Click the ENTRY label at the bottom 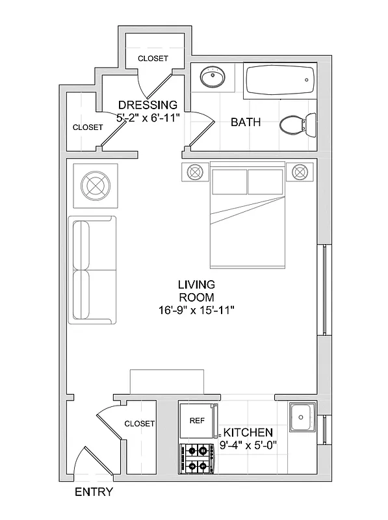(94, 492)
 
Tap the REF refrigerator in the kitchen (198, 421)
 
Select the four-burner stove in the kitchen (198, 458)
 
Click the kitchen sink (302, 417)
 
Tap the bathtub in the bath (280, 81)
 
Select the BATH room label (246, 122)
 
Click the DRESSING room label (148, 105)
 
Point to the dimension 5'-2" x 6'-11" (148, 118)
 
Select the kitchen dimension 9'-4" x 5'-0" (248, 446)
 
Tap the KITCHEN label (248, 433)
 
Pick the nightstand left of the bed (195, 172)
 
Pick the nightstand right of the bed (300, 172)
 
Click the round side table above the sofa (96, 185)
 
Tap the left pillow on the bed (228, 181)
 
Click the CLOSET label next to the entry (140, 424)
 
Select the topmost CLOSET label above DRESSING (153, 58)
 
